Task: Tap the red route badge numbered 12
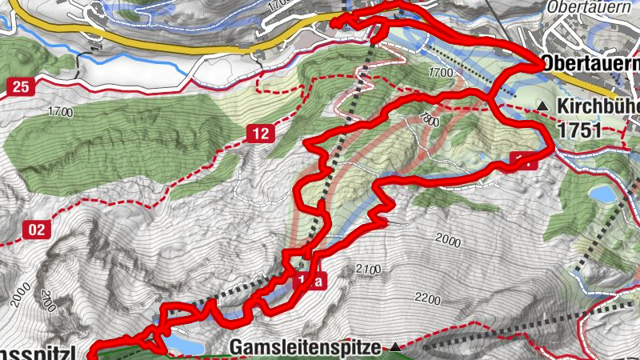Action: click(x=258, y=134)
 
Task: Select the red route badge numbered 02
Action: click(x=35, y=231)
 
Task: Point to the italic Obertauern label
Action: click(x=589, y=6)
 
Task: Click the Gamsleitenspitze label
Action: click(x=308, y=348)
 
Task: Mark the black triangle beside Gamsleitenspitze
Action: click(x=396, y=347)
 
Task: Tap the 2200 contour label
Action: click(x=427, y=300)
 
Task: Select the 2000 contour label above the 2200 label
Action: click(x=450, y=239)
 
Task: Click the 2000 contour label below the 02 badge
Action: click(x=22, y=294)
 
